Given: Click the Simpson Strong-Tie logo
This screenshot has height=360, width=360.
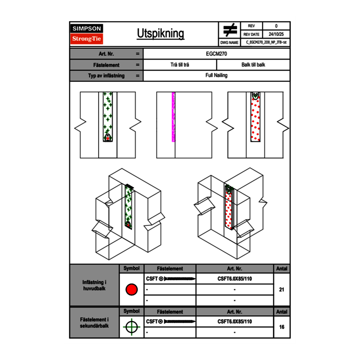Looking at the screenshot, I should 87,34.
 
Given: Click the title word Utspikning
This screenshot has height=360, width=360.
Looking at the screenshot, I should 160,34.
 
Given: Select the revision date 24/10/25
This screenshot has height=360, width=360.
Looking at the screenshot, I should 276,34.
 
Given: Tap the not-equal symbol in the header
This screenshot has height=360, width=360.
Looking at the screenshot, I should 230,30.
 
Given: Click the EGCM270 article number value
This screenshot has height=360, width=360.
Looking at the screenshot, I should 216,54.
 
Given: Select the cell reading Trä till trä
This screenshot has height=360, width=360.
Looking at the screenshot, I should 180,65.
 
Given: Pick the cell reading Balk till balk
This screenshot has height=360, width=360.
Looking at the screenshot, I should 253,65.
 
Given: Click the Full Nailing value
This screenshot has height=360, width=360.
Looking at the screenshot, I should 216,76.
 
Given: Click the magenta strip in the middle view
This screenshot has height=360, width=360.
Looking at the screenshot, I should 173,117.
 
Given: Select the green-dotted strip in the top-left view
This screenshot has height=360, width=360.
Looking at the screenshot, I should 108,115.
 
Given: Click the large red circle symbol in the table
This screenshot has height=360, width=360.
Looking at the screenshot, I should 131,290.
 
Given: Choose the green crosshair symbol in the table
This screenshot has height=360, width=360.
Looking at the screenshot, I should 131,327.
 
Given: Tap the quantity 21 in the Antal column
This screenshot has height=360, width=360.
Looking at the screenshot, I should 281,290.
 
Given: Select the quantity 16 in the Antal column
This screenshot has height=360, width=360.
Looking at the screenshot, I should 281,327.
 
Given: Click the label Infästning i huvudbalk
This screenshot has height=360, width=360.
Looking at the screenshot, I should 94,285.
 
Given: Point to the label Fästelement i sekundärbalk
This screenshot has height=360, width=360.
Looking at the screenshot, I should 94,322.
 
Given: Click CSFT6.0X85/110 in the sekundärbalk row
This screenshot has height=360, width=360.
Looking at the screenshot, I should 234,322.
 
